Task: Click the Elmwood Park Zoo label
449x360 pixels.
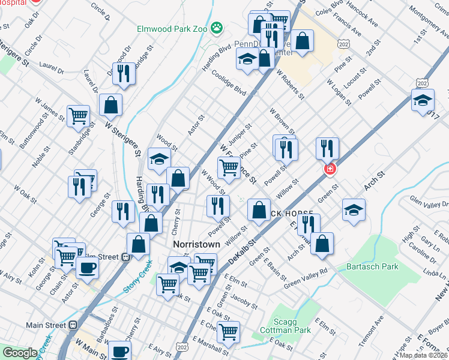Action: [170, 28]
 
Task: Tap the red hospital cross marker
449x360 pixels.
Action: [329, 170]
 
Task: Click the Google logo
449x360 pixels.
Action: [20, 352]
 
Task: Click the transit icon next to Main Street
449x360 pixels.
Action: [73, 325]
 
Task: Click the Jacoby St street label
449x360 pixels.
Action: [244, 298]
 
